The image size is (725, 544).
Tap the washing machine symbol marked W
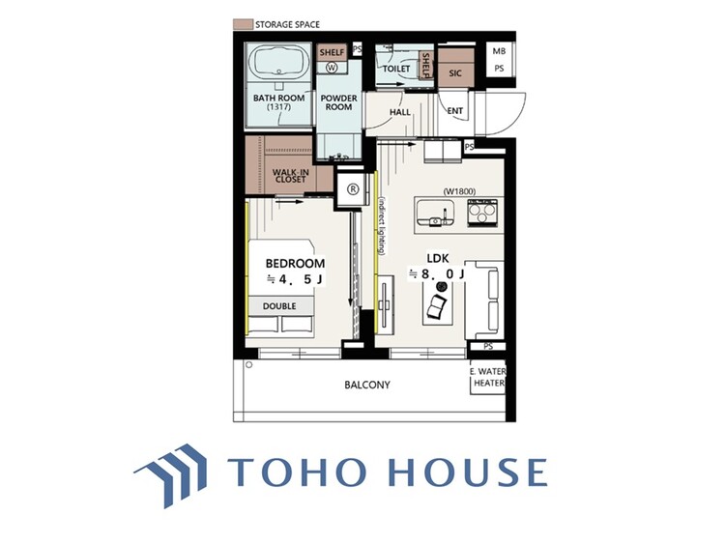332,68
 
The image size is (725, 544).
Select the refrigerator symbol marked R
353,189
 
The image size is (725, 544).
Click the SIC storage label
455,73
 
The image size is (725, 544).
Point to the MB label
499,51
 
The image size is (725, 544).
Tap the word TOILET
396,69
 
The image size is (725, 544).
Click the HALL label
400,112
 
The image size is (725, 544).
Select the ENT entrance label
455,111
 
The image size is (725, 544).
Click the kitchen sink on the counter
435,214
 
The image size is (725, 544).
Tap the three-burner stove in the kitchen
482,214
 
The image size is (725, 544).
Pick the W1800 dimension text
459,191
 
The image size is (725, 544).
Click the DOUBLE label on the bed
279,306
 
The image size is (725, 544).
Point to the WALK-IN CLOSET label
290,176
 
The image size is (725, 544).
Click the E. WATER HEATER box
488,377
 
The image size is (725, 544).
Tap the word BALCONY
367,385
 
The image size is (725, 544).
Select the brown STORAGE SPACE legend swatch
243,24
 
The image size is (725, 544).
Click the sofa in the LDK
485,301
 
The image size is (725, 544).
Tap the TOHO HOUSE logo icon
171,475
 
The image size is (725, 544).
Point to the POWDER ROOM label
339,102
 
